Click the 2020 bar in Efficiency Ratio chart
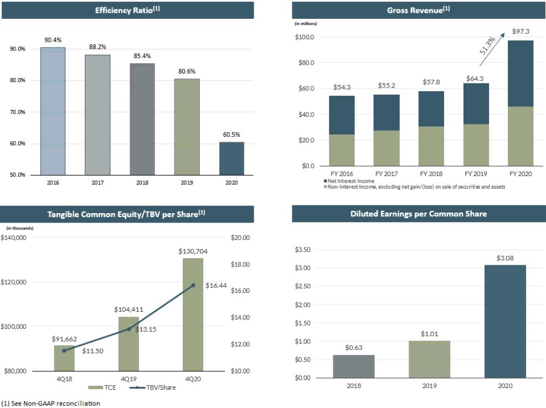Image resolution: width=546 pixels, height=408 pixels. (231, 158)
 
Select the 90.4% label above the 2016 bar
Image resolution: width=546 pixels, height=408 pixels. (53, 40)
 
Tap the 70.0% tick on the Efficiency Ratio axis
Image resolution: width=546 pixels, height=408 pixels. (17, 112)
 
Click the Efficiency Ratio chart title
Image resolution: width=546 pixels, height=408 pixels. (127, 10)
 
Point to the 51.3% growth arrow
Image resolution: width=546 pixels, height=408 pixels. (492, 49)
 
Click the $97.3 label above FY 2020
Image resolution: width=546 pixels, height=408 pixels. (521, 32)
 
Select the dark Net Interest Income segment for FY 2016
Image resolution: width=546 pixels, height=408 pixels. (342, 115)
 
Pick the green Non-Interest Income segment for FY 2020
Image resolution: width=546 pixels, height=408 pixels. (521, 136)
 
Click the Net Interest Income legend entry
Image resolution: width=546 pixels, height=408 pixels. (349, 181)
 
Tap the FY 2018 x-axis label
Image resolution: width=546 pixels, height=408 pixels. (431, 174)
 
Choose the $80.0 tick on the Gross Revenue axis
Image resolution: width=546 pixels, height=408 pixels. (306, 63)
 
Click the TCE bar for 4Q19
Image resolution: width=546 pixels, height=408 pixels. (128, 344)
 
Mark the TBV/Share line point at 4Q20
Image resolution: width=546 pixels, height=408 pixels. (193, 286)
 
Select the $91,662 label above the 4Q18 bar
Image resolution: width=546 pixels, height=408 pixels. (64, 339)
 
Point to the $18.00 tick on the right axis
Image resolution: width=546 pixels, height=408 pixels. (240, 265)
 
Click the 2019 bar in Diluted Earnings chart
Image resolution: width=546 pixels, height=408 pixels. (429, 359)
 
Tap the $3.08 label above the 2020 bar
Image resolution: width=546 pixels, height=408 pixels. (505, 258)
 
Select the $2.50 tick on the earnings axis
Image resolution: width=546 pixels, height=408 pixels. (302, 286)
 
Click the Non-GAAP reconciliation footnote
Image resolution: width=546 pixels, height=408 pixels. (50, 404)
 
